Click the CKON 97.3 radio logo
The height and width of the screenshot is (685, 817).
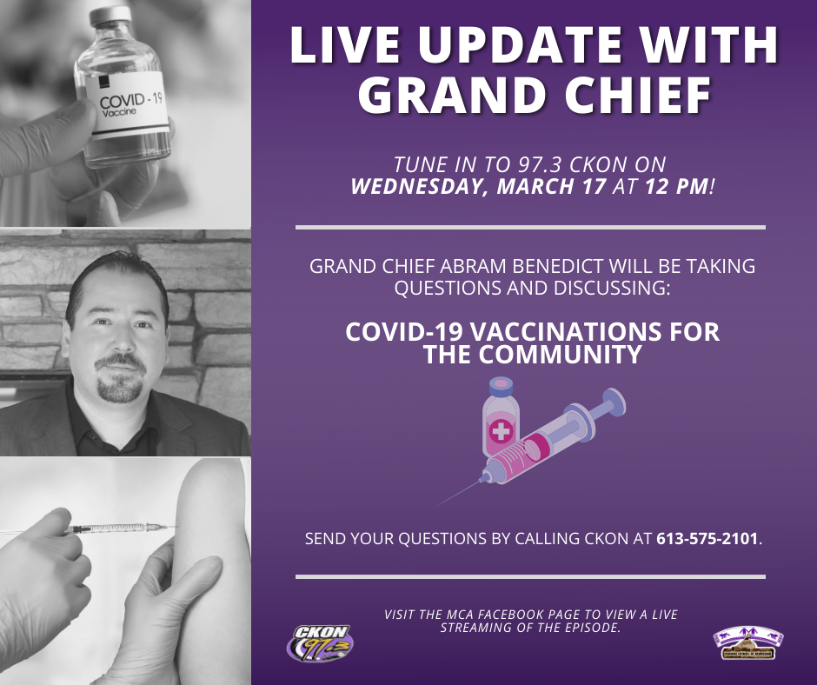point(320,643)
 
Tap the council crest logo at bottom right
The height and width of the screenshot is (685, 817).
point(748,642)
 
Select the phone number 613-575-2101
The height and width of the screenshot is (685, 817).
point(707,538)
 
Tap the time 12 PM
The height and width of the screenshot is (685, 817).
point(677,186)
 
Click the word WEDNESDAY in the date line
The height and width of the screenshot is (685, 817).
point(415,187)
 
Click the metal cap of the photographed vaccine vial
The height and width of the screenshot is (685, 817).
point(110,16)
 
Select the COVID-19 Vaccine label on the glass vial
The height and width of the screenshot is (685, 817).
point(127,104)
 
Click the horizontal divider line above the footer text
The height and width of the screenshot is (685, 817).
point(530,576)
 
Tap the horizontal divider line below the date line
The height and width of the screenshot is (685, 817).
point(530,227)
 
